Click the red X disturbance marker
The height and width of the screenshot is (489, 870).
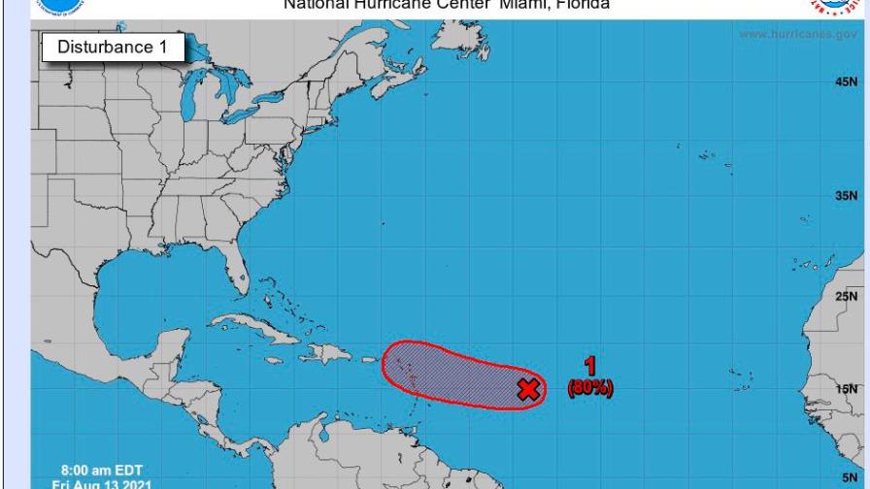[x=528, y=389]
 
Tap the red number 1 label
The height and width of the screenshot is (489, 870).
[x=589, y=366]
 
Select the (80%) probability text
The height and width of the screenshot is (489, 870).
[x=590, y=388]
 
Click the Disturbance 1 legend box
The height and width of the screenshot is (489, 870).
[x=113, y=47]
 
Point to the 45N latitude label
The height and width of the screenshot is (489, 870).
[x=846, y=82]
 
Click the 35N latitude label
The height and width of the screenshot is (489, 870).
[x=846, y=195]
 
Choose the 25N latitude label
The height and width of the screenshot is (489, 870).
[x=846, y=297]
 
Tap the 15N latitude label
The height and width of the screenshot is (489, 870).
[x=846, y=389]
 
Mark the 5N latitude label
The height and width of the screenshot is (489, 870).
[x=849, y=477]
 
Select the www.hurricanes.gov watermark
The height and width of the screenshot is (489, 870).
[x=798, y=35]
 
